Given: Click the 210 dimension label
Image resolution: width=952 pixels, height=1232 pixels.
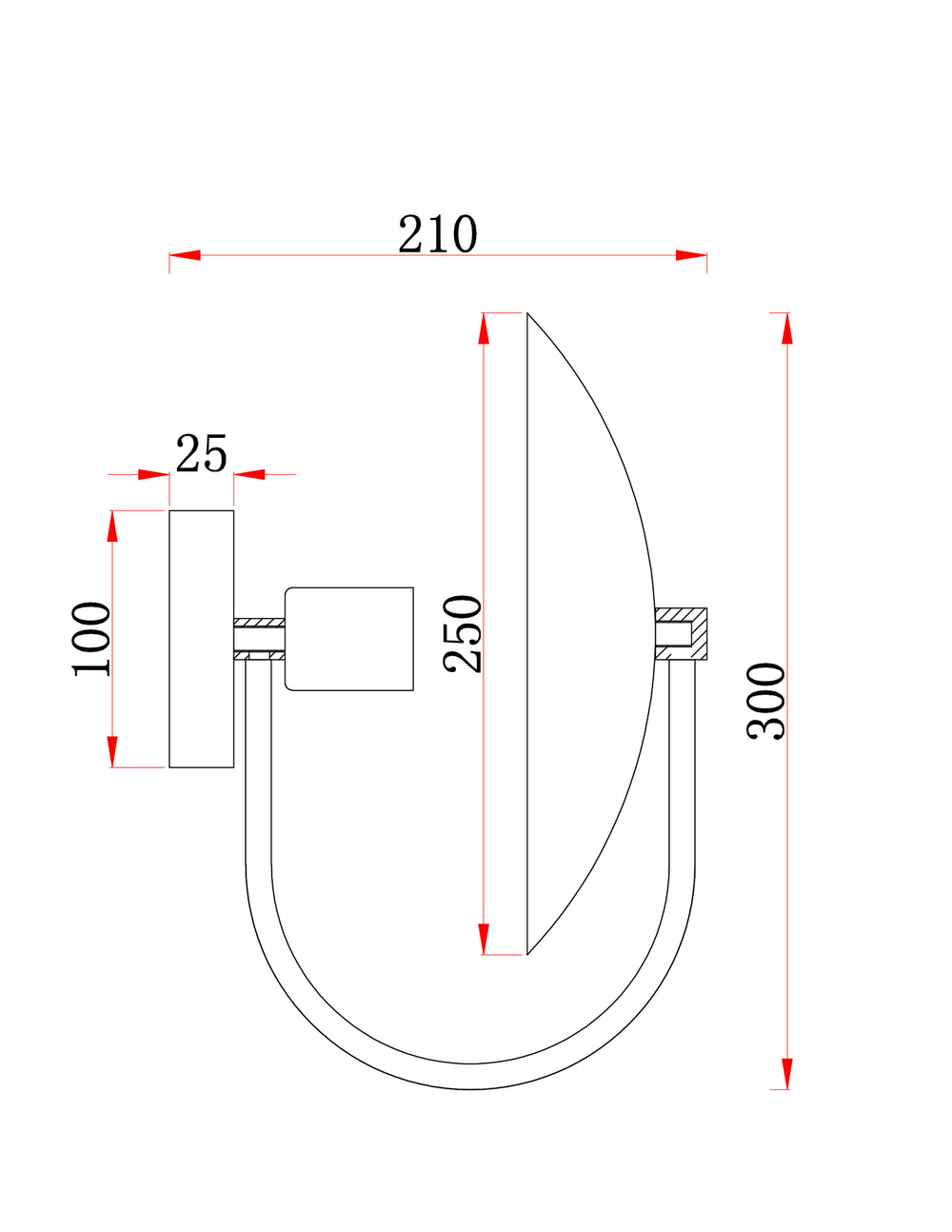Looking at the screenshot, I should pyautogui.click(x=437, y=234).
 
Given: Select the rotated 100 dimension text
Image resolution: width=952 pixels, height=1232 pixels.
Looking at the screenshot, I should pyautogui.click(x=92, y=638).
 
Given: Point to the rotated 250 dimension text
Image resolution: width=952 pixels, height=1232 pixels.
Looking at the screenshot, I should pyautogui.click(x=464, y=633).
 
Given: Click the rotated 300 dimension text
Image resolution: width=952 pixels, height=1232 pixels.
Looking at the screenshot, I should pyautogui.click(x=766, y=702).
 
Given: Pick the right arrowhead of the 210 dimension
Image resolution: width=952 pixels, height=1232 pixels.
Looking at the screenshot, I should pyautogui.click(x=691, y=255).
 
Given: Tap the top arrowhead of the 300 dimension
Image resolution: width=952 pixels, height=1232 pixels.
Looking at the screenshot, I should pyautogui.click(x=786, y=328).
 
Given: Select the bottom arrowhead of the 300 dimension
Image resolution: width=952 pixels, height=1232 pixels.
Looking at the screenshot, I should pyautogui.click(x=786, y=1074).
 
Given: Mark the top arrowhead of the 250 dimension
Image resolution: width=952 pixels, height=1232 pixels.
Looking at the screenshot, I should pyautogui.click(x=484, y=328).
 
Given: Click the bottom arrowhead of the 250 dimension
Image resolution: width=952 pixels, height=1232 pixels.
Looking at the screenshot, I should pyautogui.click(x=484, y=939).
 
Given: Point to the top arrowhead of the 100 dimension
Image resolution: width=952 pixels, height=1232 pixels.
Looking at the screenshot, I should pyautogui.click(x=112, y=527).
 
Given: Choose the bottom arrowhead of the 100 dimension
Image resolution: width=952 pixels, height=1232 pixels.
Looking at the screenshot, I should pyautogui.click(x=112, y=751).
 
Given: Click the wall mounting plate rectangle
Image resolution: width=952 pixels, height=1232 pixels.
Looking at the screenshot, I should pyautogui.click(x=201, y=639).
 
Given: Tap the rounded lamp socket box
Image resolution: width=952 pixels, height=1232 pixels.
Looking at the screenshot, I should pyautogui.click(x=349, y=639).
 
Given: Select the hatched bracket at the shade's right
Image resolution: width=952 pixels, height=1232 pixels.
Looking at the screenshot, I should pyautogui.click(x=681, y=634).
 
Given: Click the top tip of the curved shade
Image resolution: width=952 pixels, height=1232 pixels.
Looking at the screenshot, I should pyautogui.click(x=528, y=314).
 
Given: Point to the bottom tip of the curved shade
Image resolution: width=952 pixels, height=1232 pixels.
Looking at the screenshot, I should pyautogui.click(x=528, y=953).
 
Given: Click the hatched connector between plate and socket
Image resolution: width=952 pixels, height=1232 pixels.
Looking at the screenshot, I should pyautogui.click(x=259, y=639).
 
